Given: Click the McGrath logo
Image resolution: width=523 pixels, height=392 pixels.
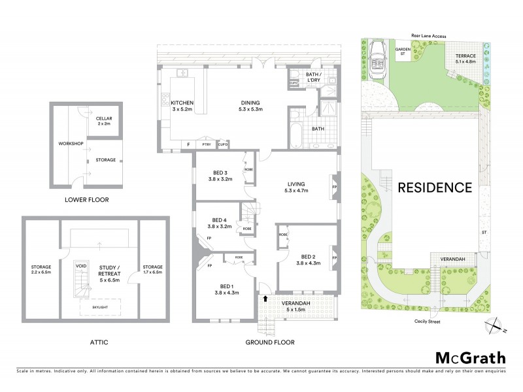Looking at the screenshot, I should pos(470,357).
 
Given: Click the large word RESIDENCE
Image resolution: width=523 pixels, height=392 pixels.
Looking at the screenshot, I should pos(435,188).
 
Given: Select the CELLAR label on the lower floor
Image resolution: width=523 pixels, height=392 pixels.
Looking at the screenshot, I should pos(104,119).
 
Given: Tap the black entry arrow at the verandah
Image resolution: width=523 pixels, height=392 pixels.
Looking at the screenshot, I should pos(265,299).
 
